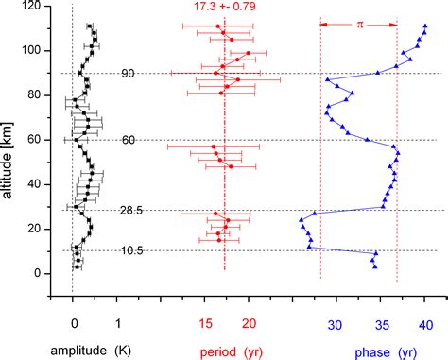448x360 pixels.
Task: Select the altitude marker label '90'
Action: pyautogui.click(x=128, y=73)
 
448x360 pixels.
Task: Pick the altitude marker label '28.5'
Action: pyautogui.click(x=130, y=210)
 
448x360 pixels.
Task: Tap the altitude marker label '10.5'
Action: pyautogui.click(x=130, y=250)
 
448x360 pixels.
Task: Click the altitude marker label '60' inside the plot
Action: pyautogui.click(x=128, y=140)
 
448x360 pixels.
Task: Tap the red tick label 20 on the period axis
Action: pyautogui.click(x=250, y=324)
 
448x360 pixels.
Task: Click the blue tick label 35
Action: pyautogui.click(x=380, y=324)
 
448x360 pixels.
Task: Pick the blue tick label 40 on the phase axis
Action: pyautogui.click(x=424, y=324)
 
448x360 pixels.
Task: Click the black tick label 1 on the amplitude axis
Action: pyautogui.click(x=118, y=324)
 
